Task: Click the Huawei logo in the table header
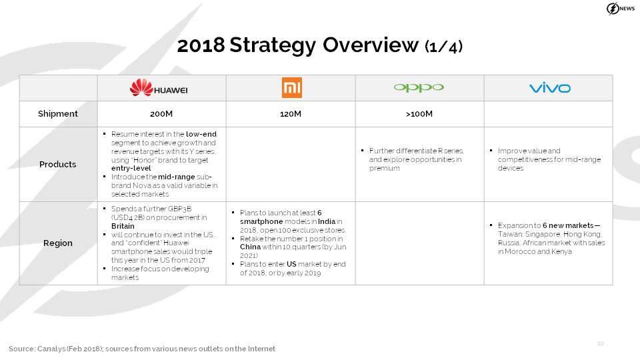pos(159,88)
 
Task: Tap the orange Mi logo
pos(292,88)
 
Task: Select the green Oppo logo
pos(419,88)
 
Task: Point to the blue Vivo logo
pos(550,88)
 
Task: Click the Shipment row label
pos(58,114)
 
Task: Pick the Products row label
pos(58,165)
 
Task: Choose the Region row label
pos(58,243)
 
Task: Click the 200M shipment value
pos(161,114)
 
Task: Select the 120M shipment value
pos(291,114)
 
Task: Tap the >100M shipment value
pos(419,114)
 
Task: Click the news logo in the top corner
pos(621,9)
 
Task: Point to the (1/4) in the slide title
pos(444,47)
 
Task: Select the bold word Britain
pos(123,226)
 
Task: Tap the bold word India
pos(327,221)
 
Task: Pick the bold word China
pos(250,247)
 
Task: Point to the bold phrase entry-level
pos(131,168)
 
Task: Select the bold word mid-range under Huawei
pos(176,177)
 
